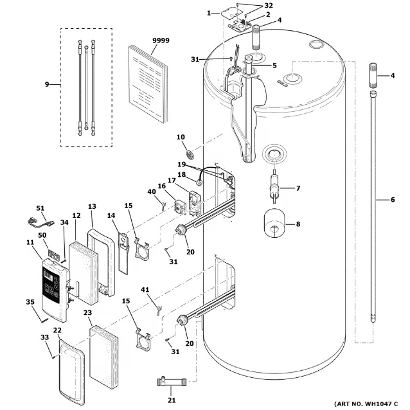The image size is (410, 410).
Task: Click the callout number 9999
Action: [161, 40]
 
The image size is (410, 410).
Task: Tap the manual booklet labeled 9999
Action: [148, 83]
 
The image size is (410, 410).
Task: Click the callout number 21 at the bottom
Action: [172, 400]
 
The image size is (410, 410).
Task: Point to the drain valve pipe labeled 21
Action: [172, 382]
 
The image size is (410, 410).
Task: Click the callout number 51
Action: [40, 208]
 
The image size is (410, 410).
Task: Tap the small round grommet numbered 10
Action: [190, 154]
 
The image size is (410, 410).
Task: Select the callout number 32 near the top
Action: [268, 6]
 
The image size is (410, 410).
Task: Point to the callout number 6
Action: [393, 200]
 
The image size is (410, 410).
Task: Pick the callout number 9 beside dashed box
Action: [47, 84]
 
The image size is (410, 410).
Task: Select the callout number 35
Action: [30, 302]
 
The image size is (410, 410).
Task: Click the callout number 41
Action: [145, 290]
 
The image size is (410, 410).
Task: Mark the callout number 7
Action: [298, 188]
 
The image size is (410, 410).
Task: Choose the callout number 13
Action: [92, 206]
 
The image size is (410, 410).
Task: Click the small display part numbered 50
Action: [53, 254]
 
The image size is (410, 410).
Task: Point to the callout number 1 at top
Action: [209, 13]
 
